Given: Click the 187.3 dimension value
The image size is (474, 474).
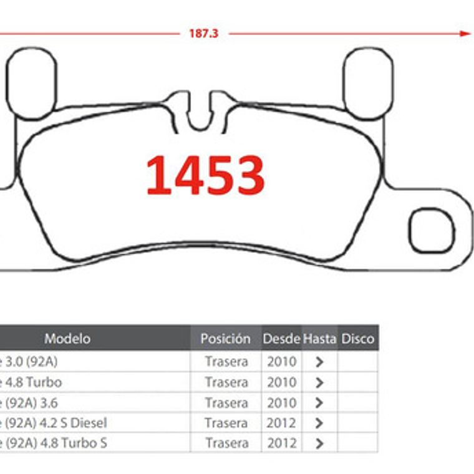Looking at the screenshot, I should pyautogui.click(x=203, y=34).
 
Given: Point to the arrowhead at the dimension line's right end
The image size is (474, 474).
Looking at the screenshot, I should pyautogui.click(x=465, y=33).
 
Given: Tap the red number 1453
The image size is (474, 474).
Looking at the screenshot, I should pyautogui.click(x=205, y=175).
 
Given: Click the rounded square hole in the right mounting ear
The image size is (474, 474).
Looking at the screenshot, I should pyautogui.click(x=430, y=230).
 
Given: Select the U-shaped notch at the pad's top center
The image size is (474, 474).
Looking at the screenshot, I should pyautogui.click(x=200, y=112).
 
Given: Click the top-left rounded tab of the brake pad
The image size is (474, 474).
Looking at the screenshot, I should pyautogui.click(x=33, y=81).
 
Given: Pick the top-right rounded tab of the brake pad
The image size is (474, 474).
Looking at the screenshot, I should pyautogui.click(x=368, y=82).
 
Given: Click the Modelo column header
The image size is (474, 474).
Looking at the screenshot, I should pyautogui.click(x=67, y=339).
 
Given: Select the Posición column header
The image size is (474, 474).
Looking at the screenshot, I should pyautogui.click(x=225, y=339).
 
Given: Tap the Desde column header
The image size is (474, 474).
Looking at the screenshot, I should pyautogui.click(x=281, y=339).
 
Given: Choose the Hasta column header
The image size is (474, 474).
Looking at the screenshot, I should pyautogui.click(x=319, y=339).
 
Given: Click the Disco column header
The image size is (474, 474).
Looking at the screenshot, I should pyautogui.click(x=357, y=339).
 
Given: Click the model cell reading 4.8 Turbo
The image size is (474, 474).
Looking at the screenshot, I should pyautogui.click(x=31, y=382).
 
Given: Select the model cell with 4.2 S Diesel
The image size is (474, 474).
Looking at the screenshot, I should pyautogui.click(x=53, y=423).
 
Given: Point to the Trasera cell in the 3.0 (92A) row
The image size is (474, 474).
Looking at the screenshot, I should pyautogui.click(x=226, y=361).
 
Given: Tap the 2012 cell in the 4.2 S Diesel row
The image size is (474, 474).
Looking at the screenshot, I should pyautogui.click(x=281, y=423).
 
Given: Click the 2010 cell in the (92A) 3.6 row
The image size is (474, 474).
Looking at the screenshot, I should pyautogui.click(x=281, y=402).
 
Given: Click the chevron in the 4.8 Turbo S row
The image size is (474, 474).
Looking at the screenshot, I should pyautogui.click(x=319, y=444).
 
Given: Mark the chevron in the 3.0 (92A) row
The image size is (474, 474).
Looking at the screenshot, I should pyautogui.click(x=319, y=362).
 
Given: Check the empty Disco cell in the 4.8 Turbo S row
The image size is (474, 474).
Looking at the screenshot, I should pyautogui.click(x=357, y=443).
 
